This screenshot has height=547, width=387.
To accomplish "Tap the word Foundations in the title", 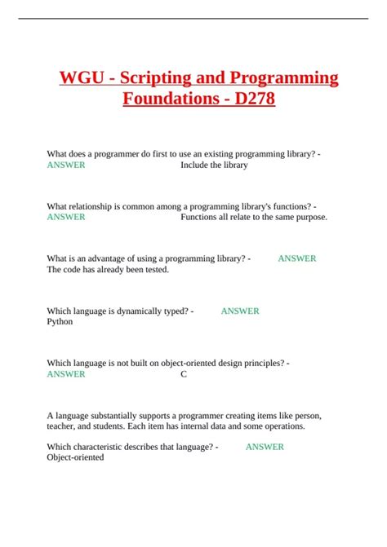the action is tap(167, 101).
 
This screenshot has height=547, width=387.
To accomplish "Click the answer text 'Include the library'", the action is tap(214, 165).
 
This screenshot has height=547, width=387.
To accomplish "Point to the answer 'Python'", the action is tap(60, 321).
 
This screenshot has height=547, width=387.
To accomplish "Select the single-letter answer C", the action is tap(184, 374).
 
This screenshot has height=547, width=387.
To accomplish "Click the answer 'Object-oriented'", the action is tap(75, 457).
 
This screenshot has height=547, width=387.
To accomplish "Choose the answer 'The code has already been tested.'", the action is tap(108, 270).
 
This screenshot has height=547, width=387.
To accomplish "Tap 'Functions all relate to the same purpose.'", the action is tap(253, 217).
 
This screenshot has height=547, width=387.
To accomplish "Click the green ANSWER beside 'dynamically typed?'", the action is tap(240, 311).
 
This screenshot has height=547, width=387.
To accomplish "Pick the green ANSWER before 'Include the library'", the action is tap(66, 165).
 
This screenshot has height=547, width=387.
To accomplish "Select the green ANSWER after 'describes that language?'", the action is tap(265, 447).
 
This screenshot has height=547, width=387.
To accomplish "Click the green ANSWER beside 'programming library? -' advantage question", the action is tap(297, 258).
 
